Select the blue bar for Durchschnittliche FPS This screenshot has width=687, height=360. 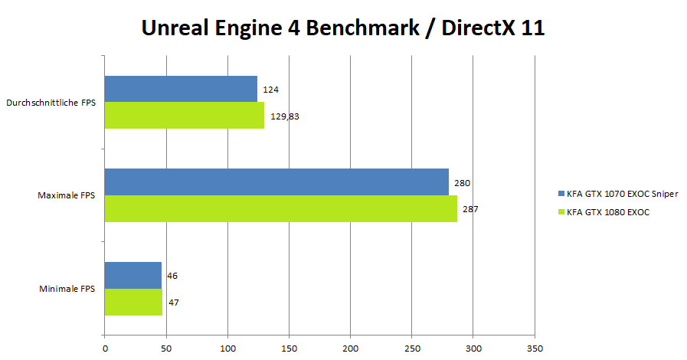181,89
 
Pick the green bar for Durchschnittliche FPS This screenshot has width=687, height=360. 185,116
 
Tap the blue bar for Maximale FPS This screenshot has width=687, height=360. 276,182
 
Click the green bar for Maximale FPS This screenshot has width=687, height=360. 280,208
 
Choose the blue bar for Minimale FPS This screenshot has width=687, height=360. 133,275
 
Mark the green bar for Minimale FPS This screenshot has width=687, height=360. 134,302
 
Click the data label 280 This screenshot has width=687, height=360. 462,183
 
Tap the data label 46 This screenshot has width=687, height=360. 172,276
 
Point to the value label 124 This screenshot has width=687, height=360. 270,90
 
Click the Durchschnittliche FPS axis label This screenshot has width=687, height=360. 51,103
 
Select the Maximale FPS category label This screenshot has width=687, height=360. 67,196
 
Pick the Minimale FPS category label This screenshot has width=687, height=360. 67,289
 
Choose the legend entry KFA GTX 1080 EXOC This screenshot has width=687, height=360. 608,212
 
